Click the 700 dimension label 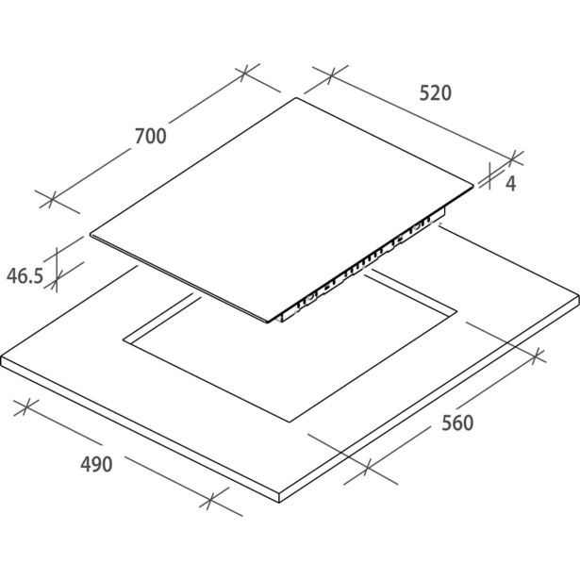pyautogui.click(x=151, y=136)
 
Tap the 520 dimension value pyautogui.click(x=436, y=92)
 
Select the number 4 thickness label pyautogui.click(x=511, y=184)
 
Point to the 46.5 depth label pyautogui.click(x=25, y=276)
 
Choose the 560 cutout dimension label pyautogui.click(x=457, y=423)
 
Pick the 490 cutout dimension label pyautogui.click(x=96, y=464)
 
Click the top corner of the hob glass pyautogui.click(x=296, y=98)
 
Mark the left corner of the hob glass pyautogui.click(x=91, y=234)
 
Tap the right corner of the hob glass pyautogui.click(x=473, y=186)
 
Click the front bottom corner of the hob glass pyautogui.click(x=269, y=321)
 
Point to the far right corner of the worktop pyautogui.click(x=578, y=295)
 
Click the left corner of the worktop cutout pyautogui.click(x=124, y=340)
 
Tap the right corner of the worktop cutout pyautogui.click(x=457, y=310)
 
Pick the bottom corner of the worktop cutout pyautogui.click(x=291, y=423)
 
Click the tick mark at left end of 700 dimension pyautogui.click(x=52, y=199)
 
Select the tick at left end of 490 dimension pyautogui.click(x=25, y=407)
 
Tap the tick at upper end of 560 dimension pyautogui.click(x=538, y=356)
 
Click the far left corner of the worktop pyautogui.click(x=2, y=357)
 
